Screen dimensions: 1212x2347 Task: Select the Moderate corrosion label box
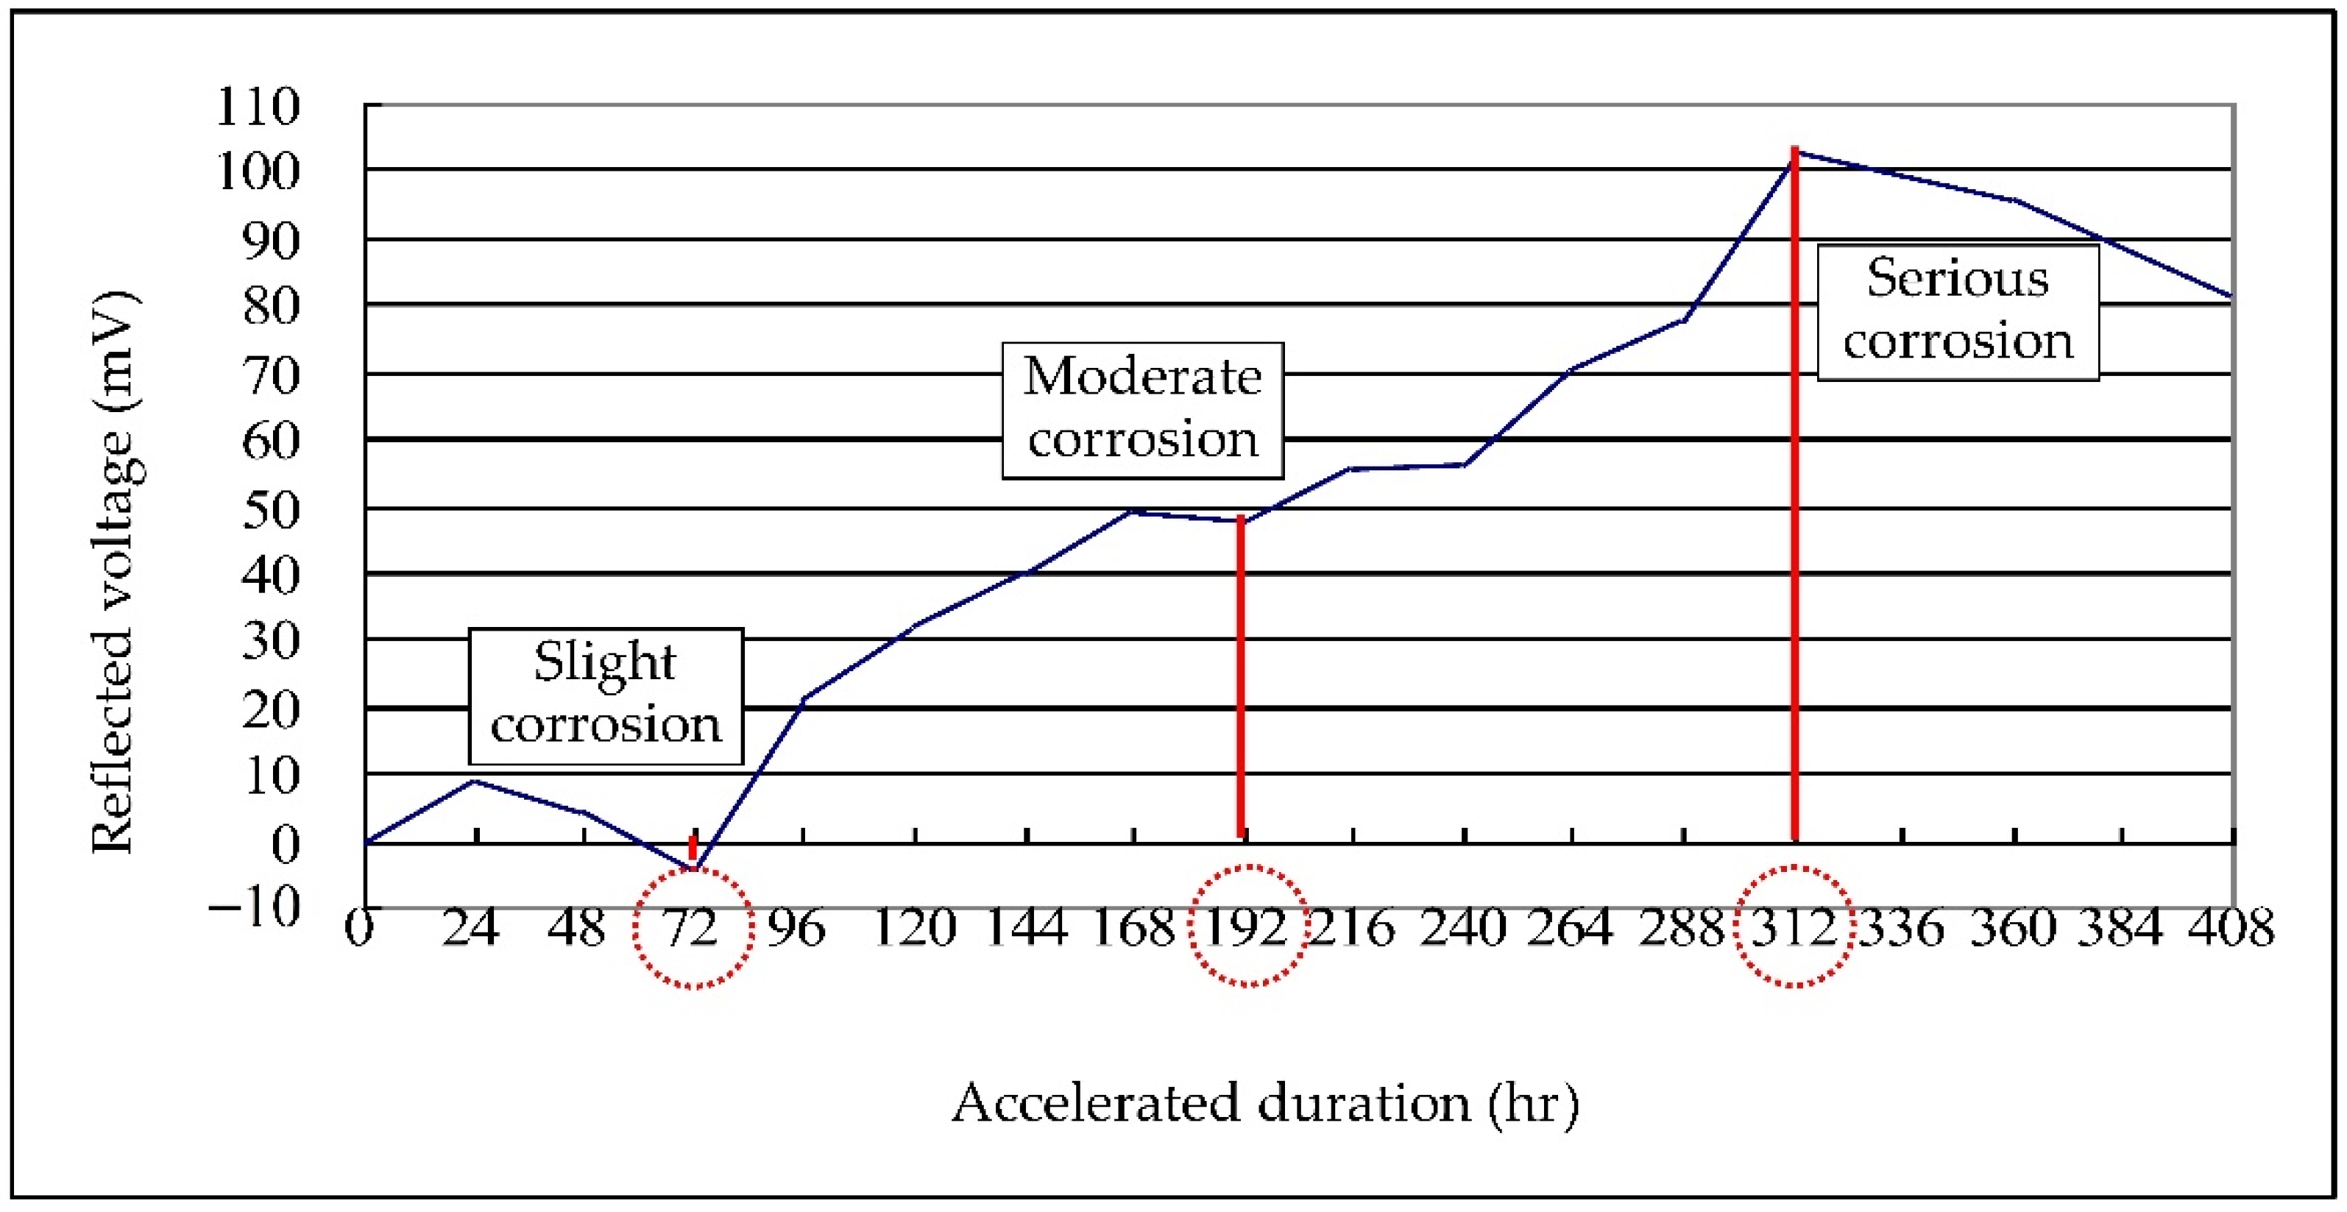coord(1142,411)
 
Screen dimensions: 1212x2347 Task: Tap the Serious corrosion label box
coord(1958,313)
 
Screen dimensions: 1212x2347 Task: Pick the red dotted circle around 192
coord(1249,926)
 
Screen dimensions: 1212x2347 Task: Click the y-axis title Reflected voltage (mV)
coord(113,573)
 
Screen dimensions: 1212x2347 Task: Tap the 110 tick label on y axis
coord(257,107)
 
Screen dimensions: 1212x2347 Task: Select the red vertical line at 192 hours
coord(1241,679)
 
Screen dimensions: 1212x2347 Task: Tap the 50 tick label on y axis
coord(271,509)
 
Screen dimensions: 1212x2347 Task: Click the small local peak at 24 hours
coord(475,781)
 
